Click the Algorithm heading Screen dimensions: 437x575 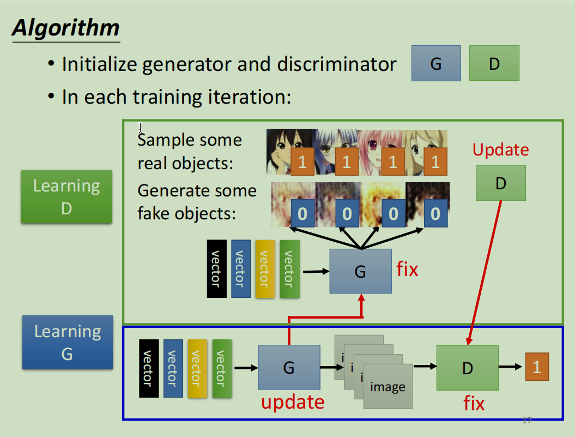click(x=65, y=28)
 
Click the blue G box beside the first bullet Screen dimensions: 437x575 click(x=436, y=64)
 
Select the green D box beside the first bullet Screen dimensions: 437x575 click(x=494, y=64)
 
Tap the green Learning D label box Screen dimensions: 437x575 click(x=66, y=196)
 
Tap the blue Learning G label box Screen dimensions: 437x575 click(x=68, y=342)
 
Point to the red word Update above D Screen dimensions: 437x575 click(x=500, y=149)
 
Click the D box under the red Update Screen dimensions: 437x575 click(x=500, y=183)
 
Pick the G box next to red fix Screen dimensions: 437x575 click(x=360, y=271)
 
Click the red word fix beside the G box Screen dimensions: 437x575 click(x=407, y=269)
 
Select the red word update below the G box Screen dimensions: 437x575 click(x=293, y=402)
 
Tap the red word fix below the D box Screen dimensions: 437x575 click(x=474, y=403)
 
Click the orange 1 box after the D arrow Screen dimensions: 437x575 click(x=537, y=367)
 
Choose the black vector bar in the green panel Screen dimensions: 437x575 click(x=216, y=269)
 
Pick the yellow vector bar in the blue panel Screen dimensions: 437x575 click(x=197, y=368)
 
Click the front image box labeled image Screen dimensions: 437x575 click(x=388, y=386)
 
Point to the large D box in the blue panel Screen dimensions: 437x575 click(x=467, y=368)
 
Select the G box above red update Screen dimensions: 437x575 click(x=288, y=367)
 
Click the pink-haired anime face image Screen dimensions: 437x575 click(x=379, y=151)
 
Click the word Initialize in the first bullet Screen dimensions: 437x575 click(x=99, y=64)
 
